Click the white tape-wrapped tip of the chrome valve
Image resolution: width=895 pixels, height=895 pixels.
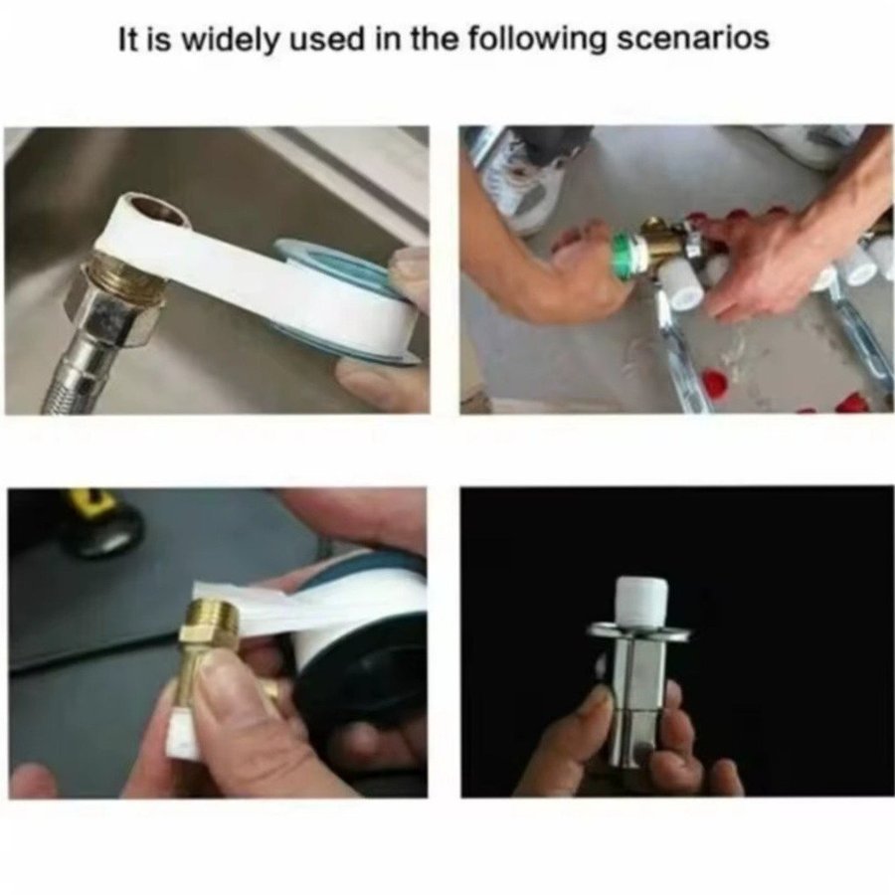pyautogui.click(x=640, y=602)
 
